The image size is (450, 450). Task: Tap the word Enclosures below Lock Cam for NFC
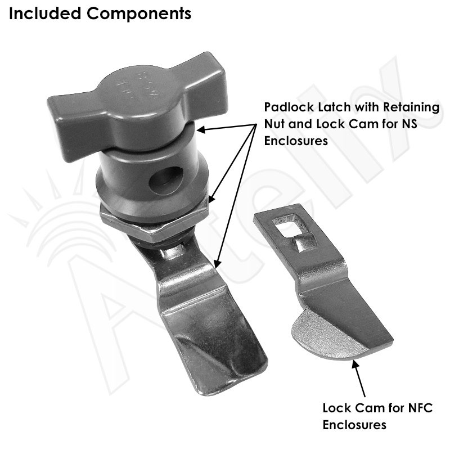click(x=354, y=425)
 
